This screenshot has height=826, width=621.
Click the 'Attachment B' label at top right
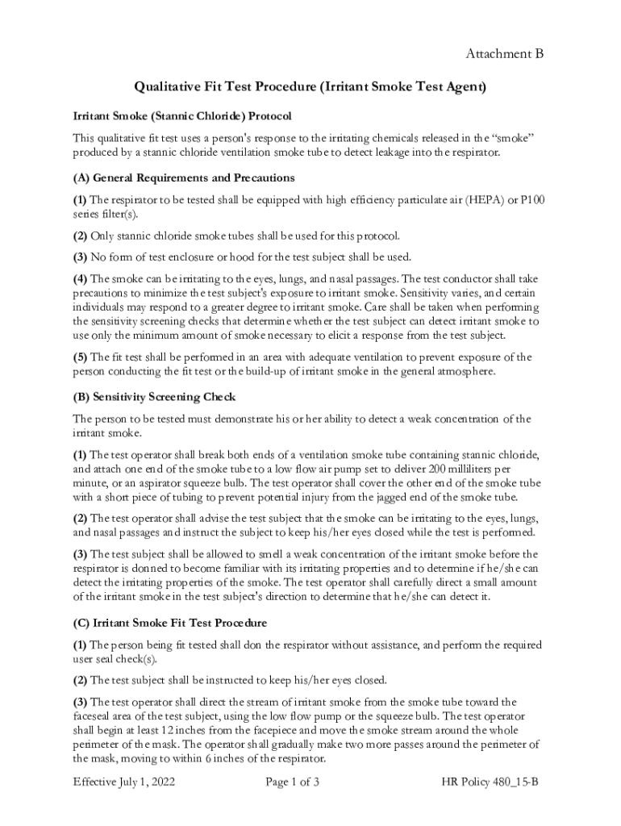click(504, 54)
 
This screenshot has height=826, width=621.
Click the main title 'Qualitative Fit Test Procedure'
click(310, 86)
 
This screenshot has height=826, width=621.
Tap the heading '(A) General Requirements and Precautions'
click(183, 177)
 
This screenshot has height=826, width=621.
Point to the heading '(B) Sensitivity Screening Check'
click(154, 397)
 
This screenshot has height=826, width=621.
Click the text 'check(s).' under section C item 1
click(130, 659)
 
